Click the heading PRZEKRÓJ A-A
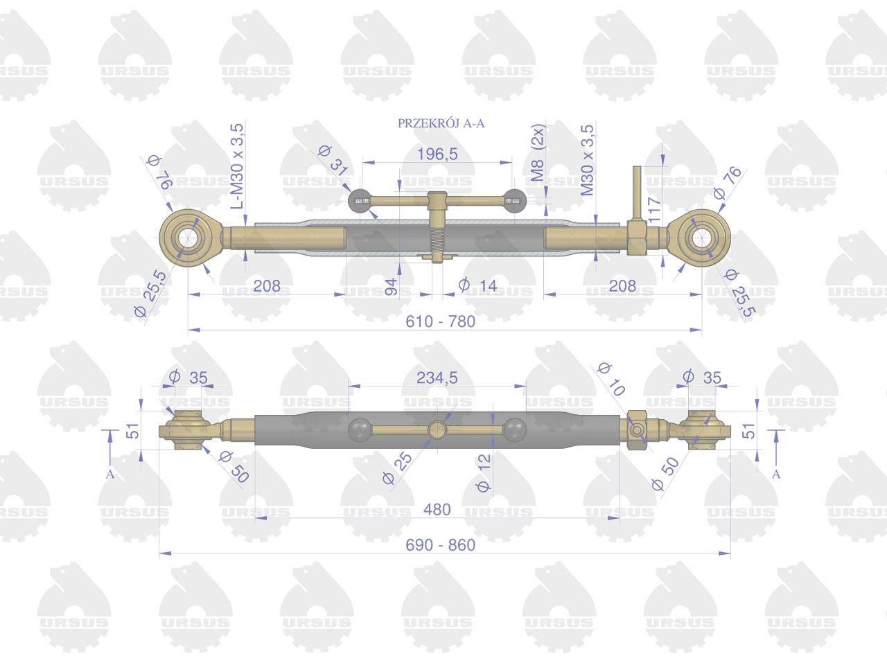(441, 123)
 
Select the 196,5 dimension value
(437, 154)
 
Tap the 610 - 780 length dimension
(441, 321)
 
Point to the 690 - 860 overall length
(441, 545)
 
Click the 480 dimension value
(437, 510)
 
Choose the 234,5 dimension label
(437, 378)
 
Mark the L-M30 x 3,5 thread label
(238, 166)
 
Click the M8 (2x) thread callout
(538, 152)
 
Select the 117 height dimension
(654, 210)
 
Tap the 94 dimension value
(391, 286)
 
